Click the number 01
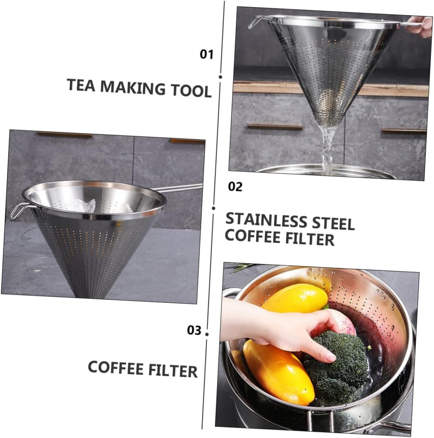tap(206, 54)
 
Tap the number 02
tap(235, 187)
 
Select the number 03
tap(194, 330)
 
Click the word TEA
tap(81, 86)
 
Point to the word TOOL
tap(191, 91)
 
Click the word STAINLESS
tap(267, 220)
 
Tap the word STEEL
tap(333, 224)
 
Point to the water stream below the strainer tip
tap(327, 148)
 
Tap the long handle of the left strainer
tap(180, 188)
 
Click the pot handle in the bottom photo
tap(394, 426)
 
